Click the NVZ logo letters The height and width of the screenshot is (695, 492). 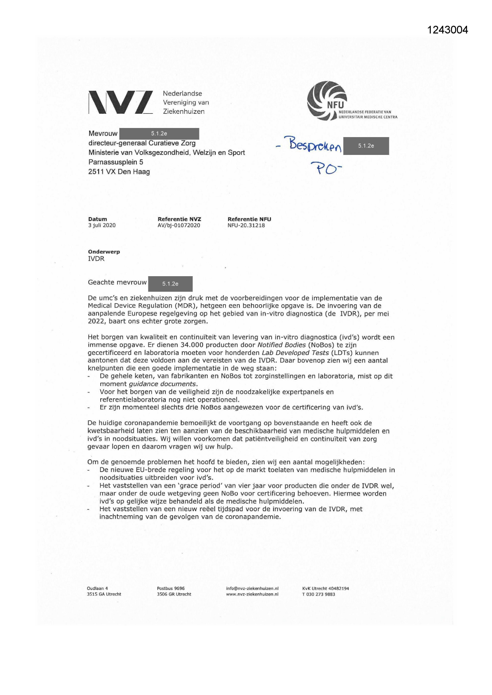point(121,102)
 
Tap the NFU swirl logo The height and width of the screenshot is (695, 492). point(327,101)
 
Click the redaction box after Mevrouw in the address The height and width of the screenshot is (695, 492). point(159,134)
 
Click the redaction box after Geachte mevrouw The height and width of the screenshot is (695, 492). point(170,284)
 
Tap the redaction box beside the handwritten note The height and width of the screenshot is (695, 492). point(366,146)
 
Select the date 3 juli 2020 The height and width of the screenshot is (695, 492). point(102,225)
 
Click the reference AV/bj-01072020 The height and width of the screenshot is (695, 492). point(179,225)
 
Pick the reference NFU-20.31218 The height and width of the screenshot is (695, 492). point(246,225)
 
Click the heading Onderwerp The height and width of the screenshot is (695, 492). point(104,252)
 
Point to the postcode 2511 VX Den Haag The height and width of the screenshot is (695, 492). point(119,172)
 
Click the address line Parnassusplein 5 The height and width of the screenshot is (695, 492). point(115,162)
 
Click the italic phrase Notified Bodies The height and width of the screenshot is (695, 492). point(281,345)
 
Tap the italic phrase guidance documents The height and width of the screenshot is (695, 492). point(163,384)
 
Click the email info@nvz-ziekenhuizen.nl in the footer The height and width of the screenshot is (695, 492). point(252,588)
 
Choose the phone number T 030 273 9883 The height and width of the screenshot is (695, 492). point(318,594)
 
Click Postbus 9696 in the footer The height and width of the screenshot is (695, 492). point(171,588)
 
